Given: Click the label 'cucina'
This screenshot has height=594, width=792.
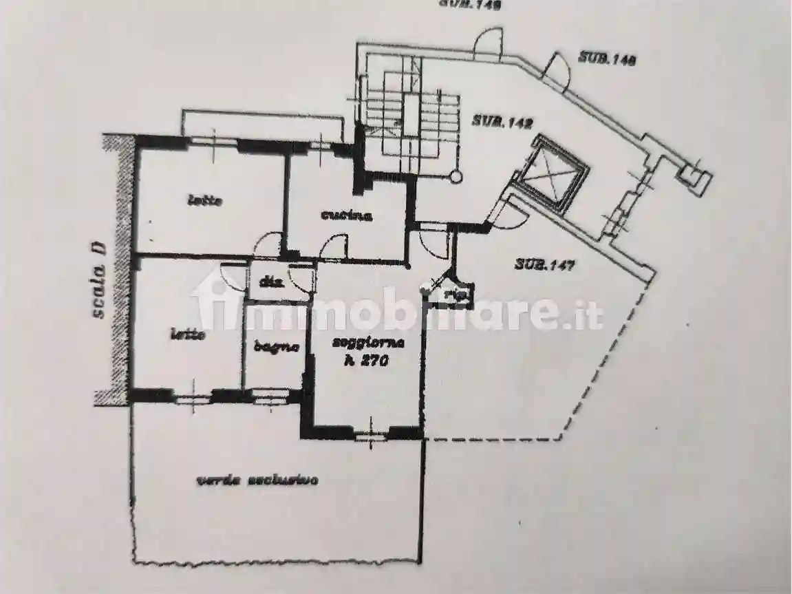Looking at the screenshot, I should [346, 215].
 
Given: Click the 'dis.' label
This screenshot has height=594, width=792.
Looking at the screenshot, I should [264, 282].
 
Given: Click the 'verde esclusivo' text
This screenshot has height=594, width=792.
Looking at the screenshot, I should [257, 481].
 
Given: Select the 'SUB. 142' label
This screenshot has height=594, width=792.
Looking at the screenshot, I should [502, 123].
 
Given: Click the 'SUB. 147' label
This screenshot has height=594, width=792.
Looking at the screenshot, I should [544, 264].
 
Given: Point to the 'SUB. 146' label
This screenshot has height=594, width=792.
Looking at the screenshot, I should [606, 59].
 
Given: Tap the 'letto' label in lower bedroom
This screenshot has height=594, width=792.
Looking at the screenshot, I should [188, 335].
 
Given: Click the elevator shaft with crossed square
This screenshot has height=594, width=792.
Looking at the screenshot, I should [550, 171].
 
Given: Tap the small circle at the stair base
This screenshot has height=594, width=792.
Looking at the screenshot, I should [456, 177].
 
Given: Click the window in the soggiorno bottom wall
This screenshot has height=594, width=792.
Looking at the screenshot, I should [370, 433].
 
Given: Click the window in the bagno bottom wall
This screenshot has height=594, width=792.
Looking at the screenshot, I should [270, 396].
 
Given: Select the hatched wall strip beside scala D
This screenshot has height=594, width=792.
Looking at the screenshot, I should [121, 268].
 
